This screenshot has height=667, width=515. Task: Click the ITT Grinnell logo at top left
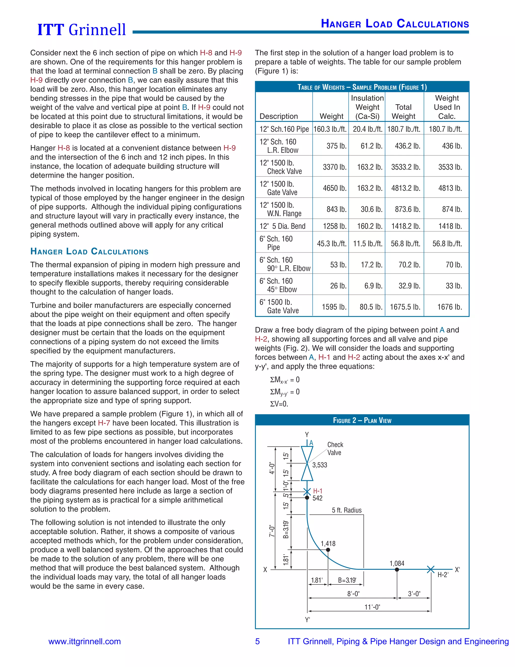(81, 30)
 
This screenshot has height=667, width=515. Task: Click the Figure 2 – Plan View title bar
(362, 420)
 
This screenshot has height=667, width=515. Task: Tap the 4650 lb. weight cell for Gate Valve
(334, 188)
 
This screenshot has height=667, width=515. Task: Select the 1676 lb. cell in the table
(449, 307)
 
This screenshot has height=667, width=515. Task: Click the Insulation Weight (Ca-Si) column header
(367, 107)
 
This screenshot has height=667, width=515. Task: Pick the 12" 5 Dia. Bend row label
(282, 226)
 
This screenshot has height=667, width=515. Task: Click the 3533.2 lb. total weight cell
(405, 167)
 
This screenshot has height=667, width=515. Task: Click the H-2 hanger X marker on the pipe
(431, 569)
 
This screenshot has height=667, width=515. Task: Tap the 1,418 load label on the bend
(328, 544)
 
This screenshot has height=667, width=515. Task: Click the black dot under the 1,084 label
(397, 570)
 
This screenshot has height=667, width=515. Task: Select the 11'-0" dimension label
(372, 607)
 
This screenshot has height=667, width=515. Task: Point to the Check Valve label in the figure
(335, 449)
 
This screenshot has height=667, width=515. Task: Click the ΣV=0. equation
(279, 404)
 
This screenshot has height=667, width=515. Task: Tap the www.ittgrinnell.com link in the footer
(84, 641)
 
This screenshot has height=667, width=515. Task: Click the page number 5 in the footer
(257, 641)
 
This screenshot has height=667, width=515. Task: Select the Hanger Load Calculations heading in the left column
(89, 252)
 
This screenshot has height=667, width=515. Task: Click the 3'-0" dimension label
(414, 594)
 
